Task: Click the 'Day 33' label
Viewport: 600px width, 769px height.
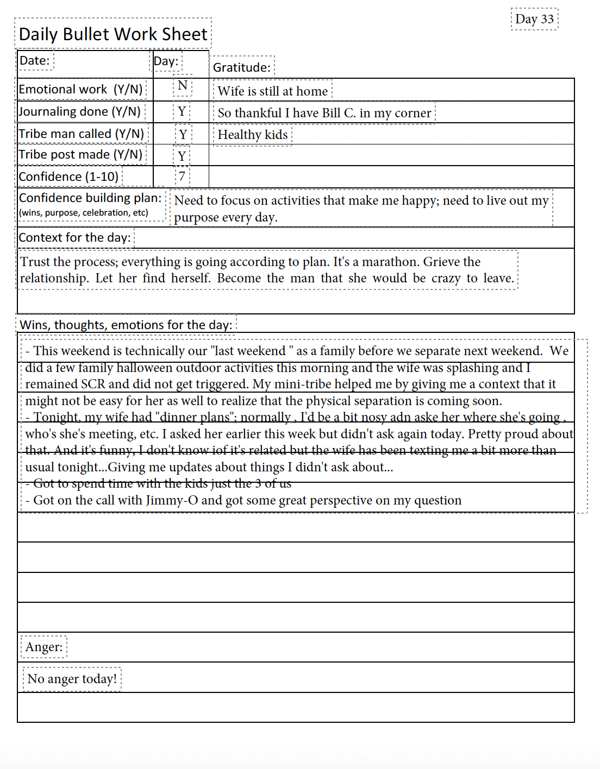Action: click(534, 19)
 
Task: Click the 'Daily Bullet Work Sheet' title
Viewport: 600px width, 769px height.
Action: click(113, 34)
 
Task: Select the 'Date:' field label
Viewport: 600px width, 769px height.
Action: click(35, 60)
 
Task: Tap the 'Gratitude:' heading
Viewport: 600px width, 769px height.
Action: click(242, 67)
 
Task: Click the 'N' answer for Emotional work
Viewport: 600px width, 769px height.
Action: click(183, 86)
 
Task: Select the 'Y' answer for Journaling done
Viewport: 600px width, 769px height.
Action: click(182, 112)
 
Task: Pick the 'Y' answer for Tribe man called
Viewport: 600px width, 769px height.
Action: click(183, 134)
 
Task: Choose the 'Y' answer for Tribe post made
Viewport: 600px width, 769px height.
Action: click(182, 156)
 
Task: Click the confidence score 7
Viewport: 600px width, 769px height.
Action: click(182, 176)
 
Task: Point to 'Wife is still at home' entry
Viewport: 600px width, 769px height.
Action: click(273, 91)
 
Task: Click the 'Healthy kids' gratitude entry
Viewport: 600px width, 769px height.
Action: click(253, 135)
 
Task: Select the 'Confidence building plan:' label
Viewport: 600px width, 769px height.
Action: click(90, 198)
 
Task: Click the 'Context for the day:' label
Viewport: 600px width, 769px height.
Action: click(75, 237)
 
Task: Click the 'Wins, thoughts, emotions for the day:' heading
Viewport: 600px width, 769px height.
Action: click(126, 325)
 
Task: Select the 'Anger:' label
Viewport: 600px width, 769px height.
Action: click(44, 647)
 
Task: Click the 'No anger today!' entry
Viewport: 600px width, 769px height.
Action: click(72, 679)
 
